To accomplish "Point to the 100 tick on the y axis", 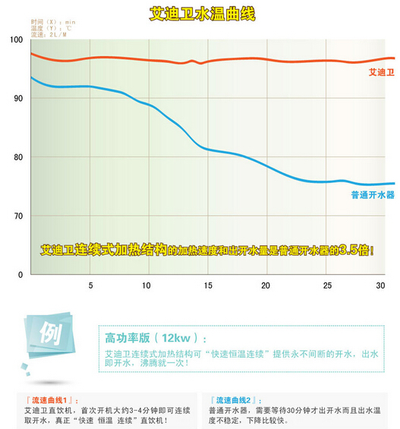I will (16, 39).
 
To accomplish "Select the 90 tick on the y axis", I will (17, 99).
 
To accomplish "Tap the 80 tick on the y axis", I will (17, 157).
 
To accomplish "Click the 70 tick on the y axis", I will (17, 216).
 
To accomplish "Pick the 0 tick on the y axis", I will (20, 275).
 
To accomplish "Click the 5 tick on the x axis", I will (90, 285).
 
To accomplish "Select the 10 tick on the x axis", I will (146, 285).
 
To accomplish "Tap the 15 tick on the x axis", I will (206, 285).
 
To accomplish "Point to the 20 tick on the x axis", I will (266, 285).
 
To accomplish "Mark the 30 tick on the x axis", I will (381, 285).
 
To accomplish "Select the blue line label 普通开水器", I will (373, 195).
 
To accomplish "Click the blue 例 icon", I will (49, 334).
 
